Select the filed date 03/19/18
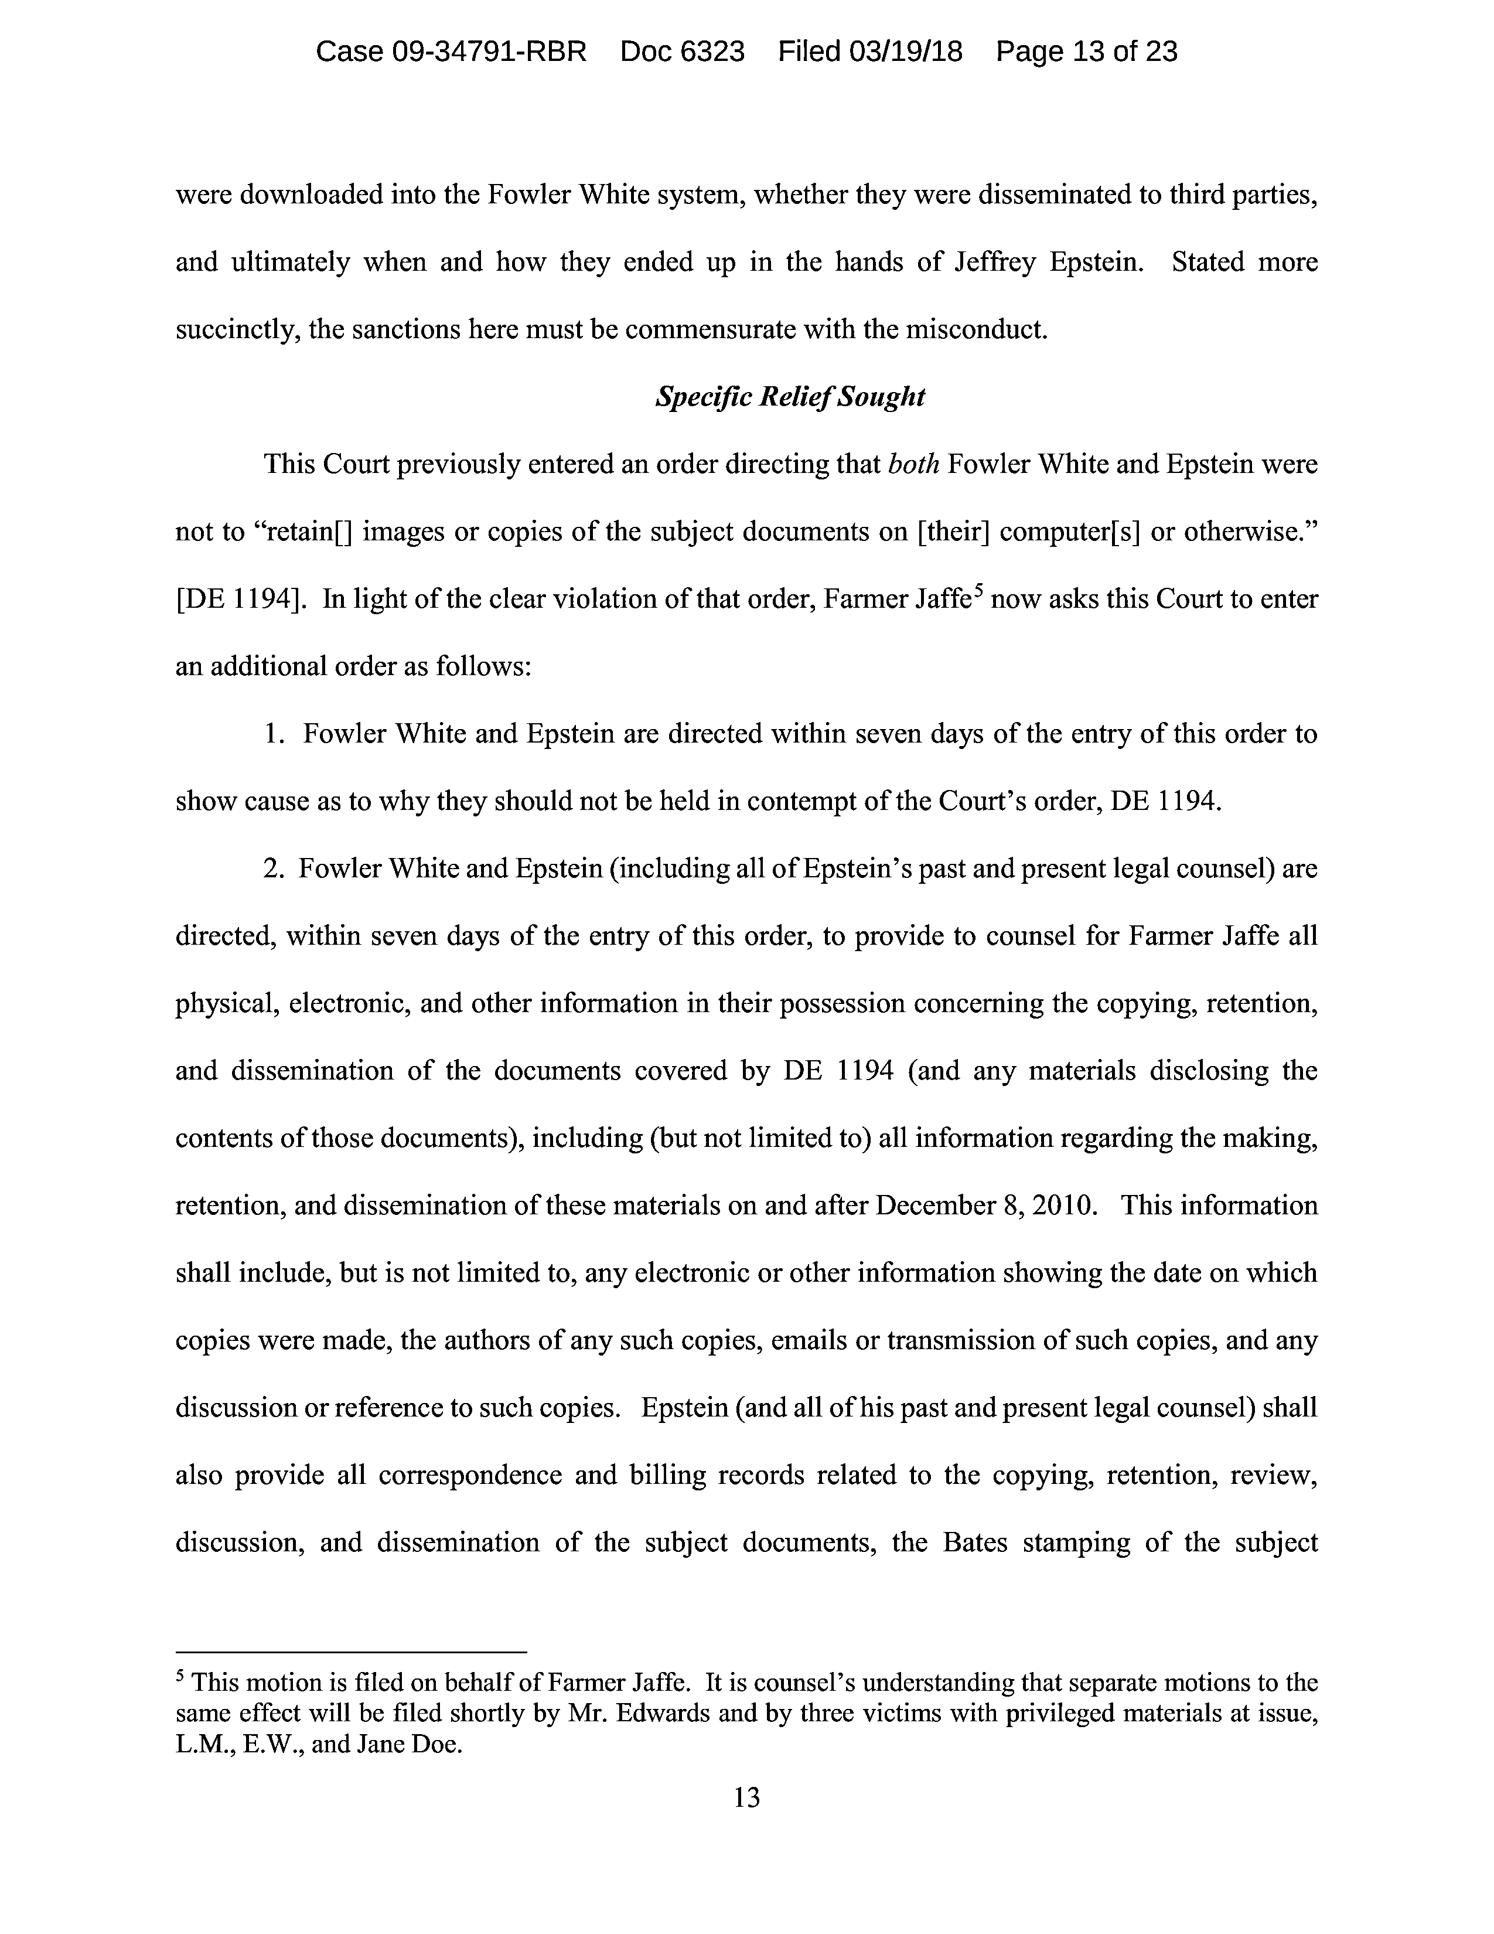pos(905,52)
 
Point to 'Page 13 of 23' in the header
pos(1086,52)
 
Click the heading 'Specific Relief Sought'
pos(790,397)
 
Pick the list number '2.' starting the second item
pos(274,869)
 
